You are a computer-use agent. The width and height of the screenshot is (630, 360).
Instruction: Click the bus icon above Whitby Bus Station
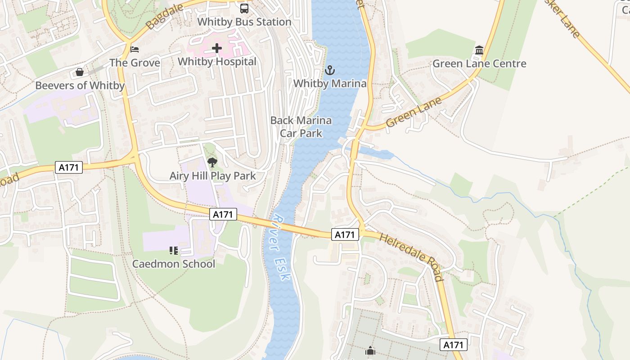(x=244, y=8)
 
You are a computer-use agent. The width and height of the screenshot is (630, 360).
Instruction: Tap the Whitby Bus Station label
(x=244, y=22)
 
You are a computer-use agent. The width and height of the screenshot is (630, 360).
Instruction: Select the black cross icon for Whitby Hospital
(x=217, y=48)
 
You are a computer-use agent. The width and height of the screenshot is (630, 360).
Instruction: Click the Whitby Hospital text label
(x=217, y=62)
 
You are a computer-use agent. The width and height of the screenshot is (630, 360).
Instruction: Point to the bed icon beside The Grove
(x=135, y=49)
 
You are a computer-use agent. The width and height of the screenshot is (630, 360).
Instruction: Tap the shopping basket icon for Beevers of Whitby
(x=80, y=72)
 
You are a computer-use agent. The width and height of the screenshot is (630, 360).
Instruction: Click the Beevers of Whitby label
(x=80, y=85)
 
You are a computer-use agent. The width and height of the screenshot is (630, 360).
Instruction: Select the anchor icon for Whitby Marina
(x=330, y=70)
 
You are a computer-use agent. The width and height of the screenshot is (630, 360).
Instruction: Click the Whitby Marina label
(x=330, y=84)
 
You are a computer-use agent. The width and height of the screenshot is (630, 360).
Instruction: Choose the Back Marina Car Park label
(x=301, y=127)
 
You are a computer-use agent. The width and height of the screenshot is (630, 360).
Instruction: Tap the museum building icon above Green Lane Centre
(x=479, y=50)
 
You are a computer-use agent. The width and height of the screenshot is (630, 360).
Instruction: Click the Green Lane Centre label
(x=479, y=63)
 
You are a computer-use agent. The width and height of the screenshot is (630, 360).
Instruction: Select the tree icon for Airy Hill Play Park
(x=212, y=162)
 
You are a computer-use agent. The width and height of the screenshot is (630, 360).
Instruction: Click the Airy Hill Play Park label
(x=212, y=176)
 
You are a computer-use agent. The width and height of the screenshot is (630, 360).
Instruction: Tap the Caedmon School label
(x=174, y=264)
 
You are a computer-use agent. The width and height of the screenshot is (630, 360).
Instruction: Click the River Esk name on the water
(x=280, y=247)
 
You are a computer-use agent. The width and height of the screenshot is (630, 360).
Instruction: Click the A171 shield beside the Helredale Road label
(x=345, y=234)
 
